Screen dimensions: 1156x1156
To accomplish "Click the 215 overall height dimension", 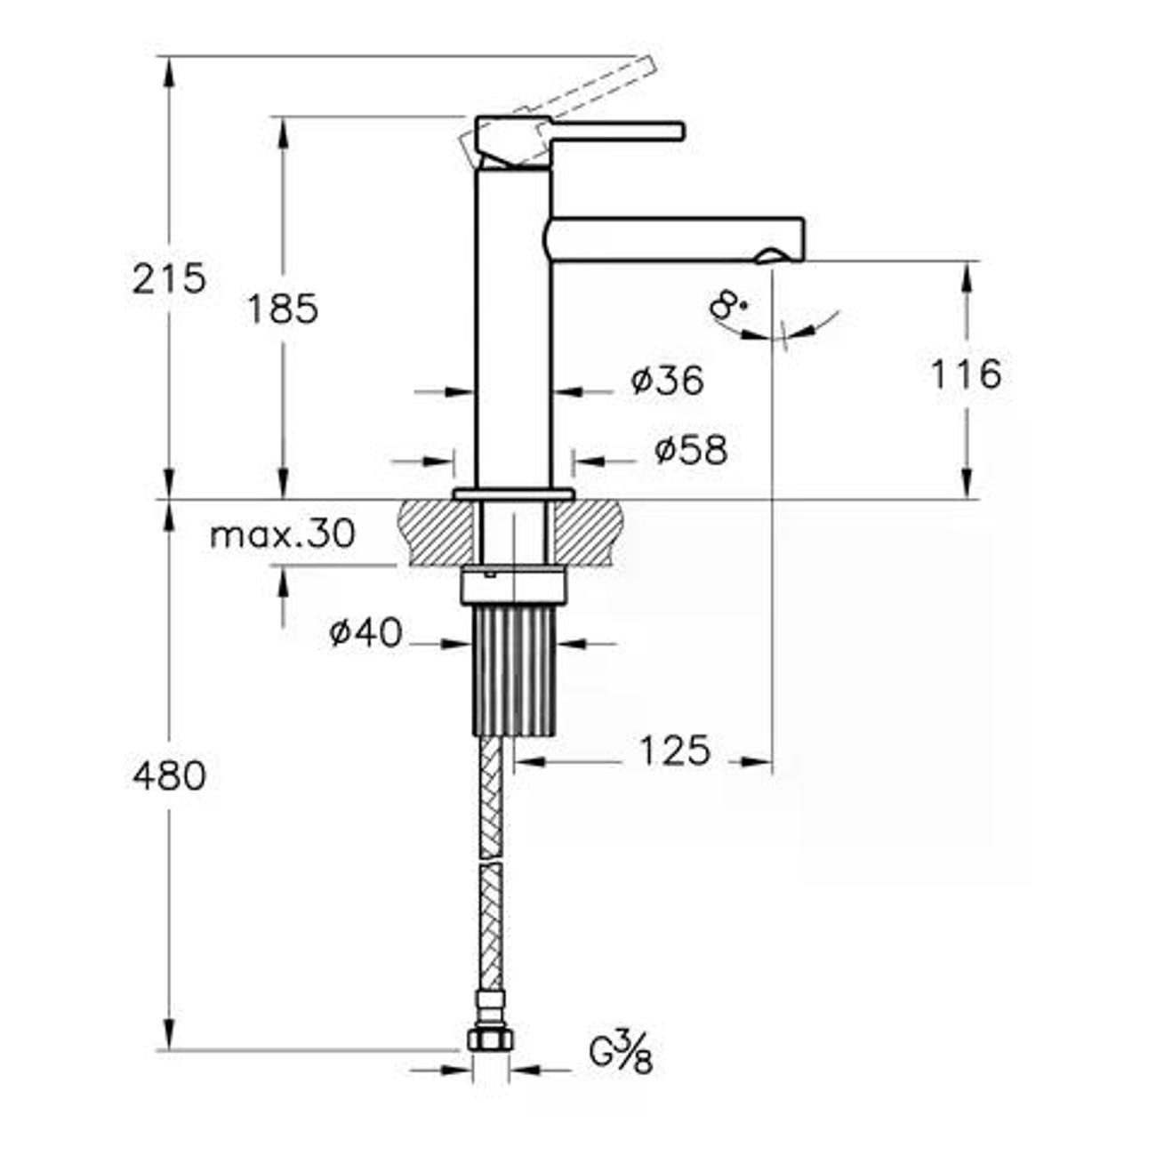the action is pyautogui.click(x=169, y=278).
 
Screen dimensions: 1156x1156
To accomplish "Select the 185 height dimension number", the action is pyautogui.click(x=282, y=309).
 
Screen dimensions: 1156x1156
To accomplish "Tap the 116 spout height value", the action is pyautogui.click(x=965, y=373).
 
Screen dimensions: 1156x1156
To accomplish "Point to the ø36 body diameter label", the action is pyautogui.click(x=667, y=381).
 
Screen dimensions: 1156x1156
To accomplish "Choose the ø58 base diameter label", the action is pyautogui.click(x=691, y=449).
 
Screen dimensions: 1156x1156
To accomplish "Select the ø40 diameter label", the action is pyautogui.click(x=365, y=633).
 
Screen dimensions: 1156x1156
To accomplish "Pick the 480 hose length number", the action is pyautogui.click(x=169, y=776).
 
